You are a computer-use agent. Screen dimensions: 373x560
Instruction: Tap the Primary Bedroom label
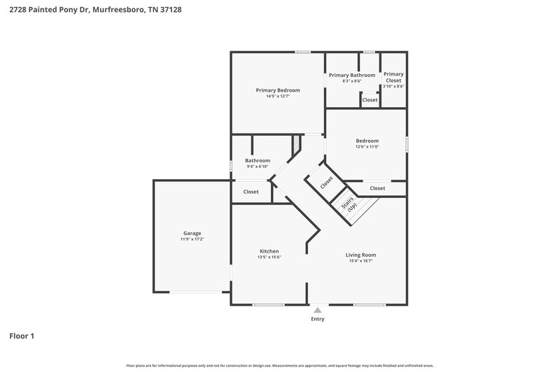[x=278, y=90]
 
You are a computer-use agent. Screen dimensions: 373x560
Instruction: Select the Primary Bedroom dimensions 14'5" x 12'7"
[x=278, y=97]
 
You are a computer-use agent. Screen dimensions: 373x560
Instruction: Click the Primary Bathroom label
[x=352, y=75]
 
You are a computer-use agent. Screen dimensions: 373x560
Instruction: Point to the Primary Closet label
[x=393, y=77]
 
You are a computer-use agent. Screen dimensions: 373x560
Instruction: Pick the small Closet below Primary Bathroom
[x=370, y=100]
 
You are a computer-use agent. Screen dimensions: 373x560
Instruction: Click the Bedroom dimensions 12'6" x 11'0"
[x=367, y=147]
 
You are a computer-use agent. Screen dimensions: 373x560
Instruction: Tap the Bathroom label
[x=258, y=160]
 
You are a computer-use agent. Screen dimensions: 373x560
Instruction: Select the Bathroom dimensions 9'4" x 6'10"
[x=258, y=167]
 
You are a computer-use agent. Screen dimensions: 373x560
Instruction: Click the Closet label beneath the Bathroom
[x=251, y=192]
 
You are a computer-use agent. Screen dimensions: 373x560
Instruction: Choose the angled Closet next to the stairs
[x=326, y=183]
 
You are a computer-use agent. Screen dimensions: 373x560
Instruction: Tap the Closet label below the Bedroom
[x=377, y=188]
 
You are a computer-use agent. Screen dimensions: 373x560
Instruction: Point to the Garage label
[x=192, y=233]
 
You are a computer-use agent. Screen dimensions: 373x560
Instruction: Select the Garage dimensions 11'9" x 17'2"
[x=192, y=239]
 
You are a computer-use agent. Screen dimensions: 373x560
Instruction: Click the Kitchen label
[x=269, y=251]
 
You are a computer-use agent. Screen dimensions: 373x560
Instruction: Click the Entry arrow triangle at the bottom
[x=318, y=309]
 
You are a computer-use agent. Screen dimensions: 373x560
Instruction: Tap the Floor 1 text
[x=22, y=336]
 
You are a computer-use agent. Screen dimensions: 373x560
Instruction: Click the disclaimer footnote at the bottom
[x=279, y=365]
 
